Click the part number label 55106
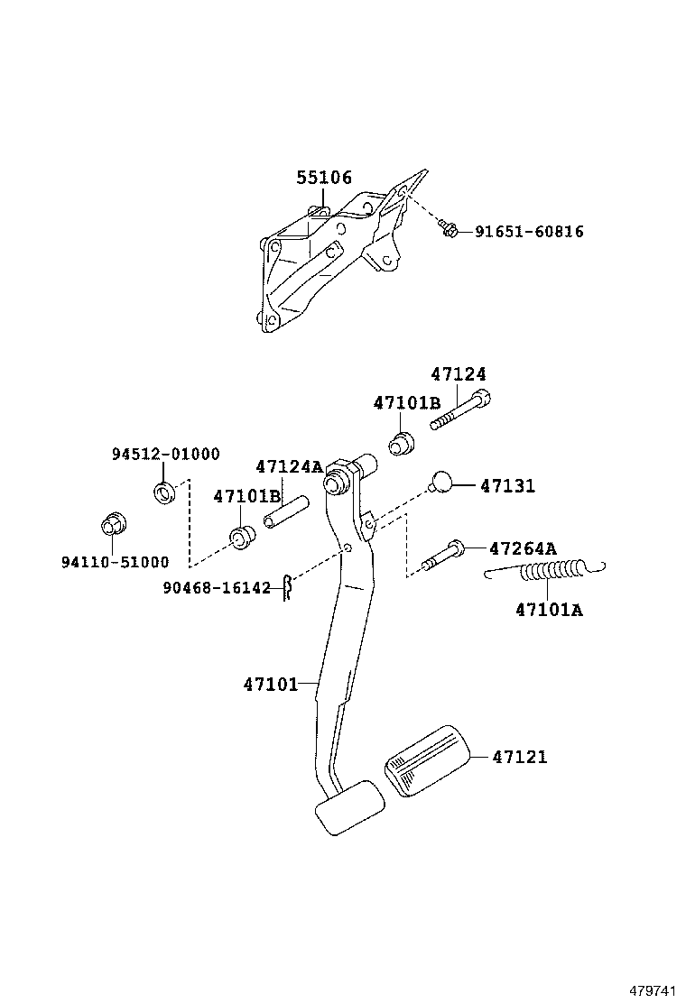[x=324, y=179]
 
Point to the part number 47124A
[x=288, y=466]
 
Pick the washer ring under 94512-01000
[x=164, y=492]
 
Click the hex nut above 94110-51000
[x=113, y=524]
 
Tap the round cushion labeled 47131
[x=440, y=483]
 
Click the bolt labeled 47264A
[x=441, y=554]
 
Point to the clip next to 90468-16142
[x=286, y=587]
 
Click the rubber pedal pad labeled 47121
[x=426, y=759]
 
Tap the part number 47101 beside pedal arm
[x=270, y=684]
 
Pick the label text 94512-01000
[x=165, y=455]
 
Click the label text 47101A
[x=549, y=610]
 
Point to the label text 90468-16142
[x=217, y=588]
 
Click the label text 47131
[x=507, y=485]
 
